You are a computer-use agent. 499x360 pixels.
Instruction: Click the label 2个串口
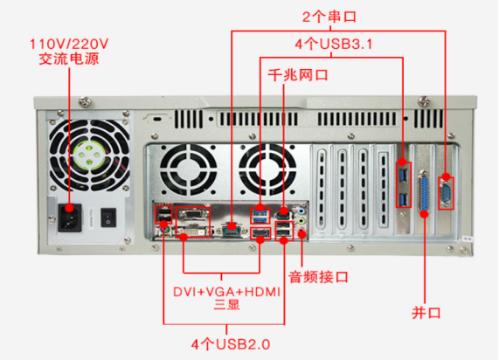[x=329, y=17]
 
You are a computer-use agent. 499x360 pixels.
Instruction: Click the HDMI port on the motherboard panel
[x=260, y=232]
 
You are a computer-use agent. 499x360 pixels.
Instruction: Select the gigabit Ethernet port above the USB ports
[x=283, y=213]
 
